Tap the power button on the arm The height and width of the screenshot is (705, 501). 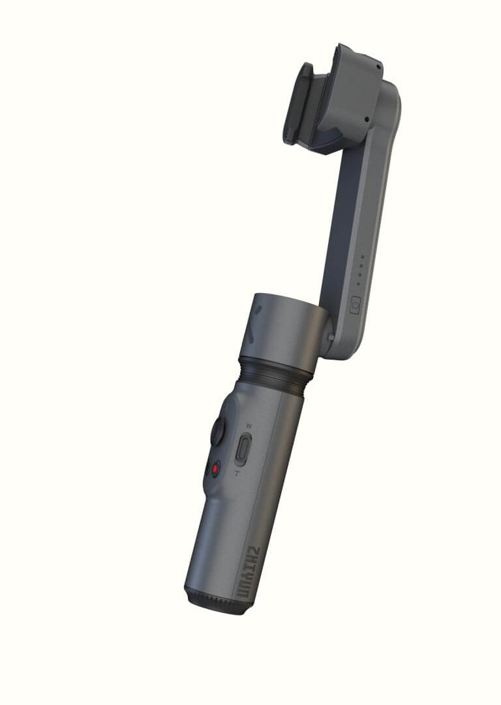point(355,305)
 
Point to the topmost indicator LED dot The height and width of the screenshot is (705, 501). point(363,257)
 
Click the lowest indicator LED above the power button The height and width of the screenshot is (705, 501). point(358,284)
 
